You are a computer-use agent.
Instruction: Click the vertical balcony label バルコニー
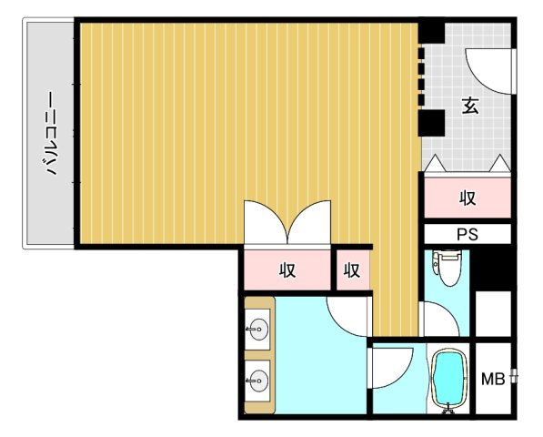[x=51, y=133]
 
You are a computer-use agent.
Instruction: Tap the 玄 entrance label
[x=470, y=106]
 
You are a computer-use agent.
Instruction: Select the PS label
[x=468, y=235]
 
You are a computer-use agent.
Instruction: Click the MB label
[x=493, y=379]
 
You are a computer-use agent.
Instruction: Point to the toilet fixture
[x=447, y=267]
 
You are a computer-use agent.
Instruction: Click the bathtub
[x=449, y=379]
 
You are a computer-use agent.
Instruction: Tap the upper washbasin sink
[x=257, y=329]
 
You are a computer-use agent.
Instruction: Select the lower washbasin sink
[x=257, y=381]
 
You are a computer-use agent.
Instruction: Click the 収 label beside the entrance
[x=468, y=198]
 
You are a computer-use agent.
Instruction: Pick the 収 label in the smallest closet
[x=352, y=269]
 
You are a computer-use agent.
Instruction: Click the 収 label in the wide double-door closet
[x=287, y=269]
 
